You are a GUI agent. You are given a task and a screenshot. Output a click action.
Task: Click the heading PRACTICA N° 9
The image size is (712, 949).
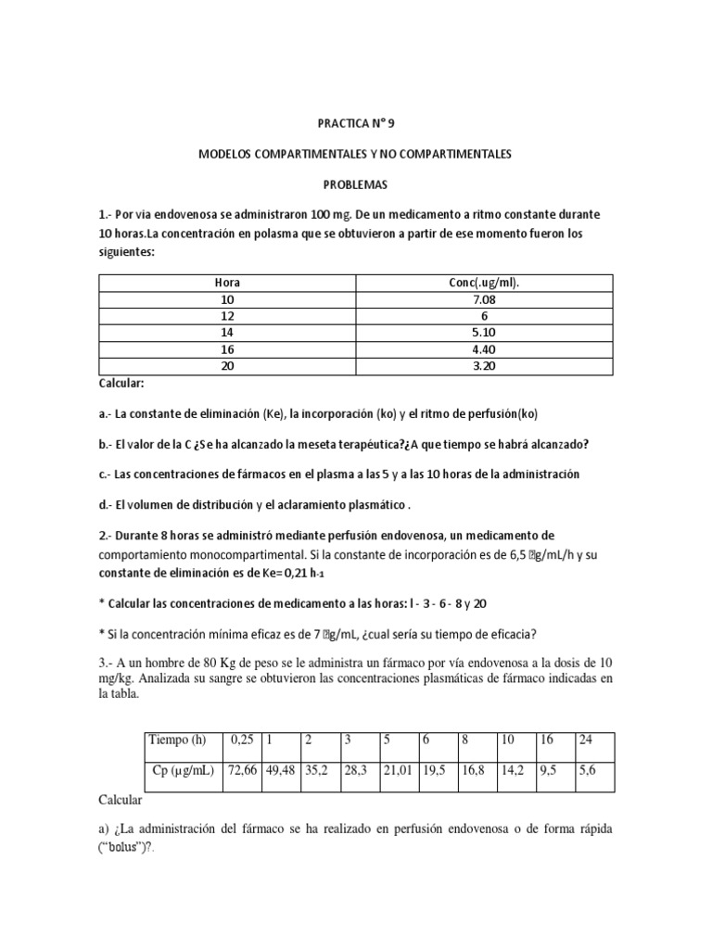[356, 121]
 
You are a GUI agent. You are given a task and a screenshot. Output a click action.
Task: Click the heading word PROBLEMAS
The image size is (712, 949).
[356, 184]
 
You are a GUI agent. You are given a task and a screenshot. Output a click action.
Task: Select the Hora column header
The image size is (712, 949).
[227, 283]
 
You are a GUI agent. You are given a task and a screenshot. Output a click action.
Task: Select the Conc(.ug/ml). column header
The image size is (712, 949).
[484, 283]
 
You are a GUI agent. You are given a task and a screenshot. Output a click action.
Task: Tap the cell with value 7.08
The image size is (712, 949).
[484, 300]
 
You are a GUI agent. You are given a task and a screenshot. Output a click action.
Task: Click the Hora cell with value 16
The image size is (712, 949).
[227, 350]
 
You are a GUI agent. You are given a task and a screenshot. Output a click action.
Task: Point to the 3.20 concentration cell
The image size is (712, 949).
[484, 367]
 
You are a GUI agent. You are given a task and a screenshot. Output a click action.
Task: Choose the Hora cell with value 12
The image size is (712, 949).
[227, 317]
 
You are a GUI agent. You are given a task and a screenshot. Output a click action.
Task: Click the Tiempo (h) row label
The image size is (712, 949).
[180, 740]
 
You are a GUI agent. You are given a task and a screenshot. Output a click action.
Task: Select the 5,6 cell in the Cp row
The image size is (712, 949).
[587, 771]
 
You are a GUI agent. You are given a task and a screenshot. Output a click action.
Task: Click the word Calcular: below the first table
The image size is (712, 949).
[121, 384]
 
